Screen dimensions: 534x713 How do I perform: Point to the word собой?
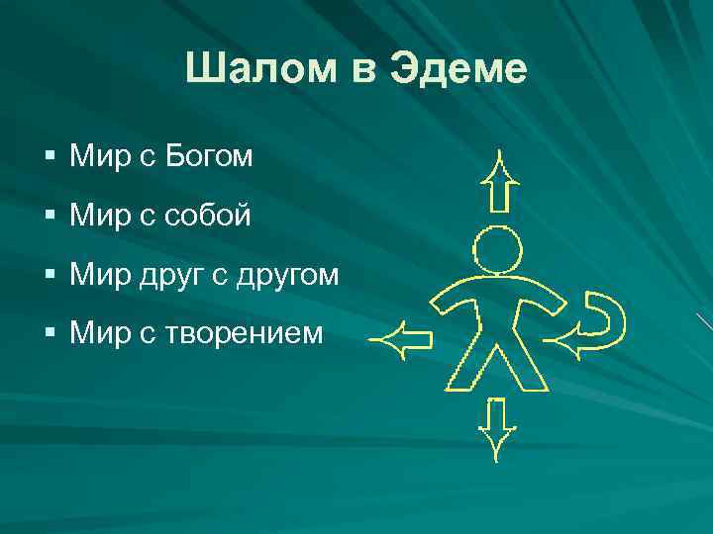pyautogui.click(x=207, y=215)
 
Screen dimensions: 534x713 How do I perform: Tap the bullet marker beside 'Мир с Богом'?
pyautogui.click(x=51, y=156)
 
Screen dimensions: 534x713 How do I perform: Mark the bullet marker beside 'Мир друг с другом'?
pyautogui.click(x=51, y=275)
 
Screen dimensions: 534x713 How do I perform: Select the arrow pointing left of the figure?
pyautogui.click(x=400, y=340)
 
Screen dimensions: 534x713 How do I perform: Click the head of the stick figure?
pyautogui.click(x=497, y=249)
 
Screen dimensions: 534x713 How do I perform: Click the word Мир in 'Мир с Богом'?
pyautogui.click(x=95, y=155)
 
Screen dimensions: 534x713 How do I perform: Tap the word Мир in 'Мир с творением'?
pyautogui.click(x=95, y=333)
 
